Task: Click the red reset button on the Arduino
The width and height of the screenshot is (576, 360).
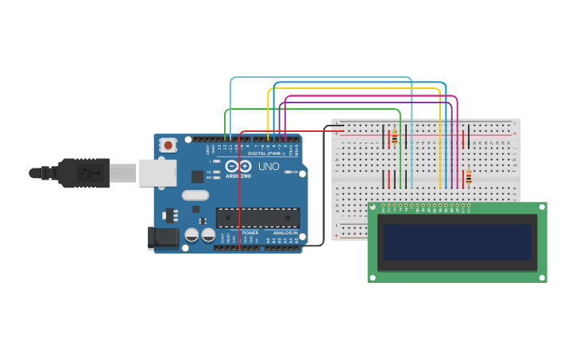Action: pos(168,145)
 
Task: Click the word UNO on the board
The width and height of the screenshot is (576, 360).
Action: pos(269,167)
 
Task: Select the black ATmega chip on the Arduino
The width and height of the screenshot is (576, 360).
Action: pos(257,218)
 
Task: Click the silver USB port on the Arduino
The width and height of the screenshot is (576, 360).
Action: pos(157,172)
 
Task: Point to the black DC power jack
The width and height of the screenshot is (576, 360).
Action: pos(163,237)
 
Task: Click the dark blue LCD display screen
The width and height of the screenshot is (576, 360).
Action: pos(457,242)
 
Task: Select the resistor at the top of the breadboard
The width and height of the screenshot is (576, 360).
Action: pos(394,137)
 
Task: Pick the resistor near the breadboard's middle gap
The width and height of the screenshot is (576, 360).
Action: pos(468,177)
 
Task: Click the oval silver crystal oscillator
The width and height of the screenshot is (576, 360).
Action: pos(195,195)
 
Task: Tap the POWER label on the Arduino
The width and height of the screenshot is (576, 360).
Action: pos(250,233)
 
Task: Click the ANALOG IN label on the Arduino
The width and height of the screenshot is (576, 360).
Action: pos(285,233)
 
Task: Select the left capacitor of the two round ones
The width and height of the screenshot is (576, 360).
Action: pos(191,235)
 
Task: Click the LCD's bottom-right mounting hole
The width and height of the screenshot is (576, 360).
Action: pos(541,277)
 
